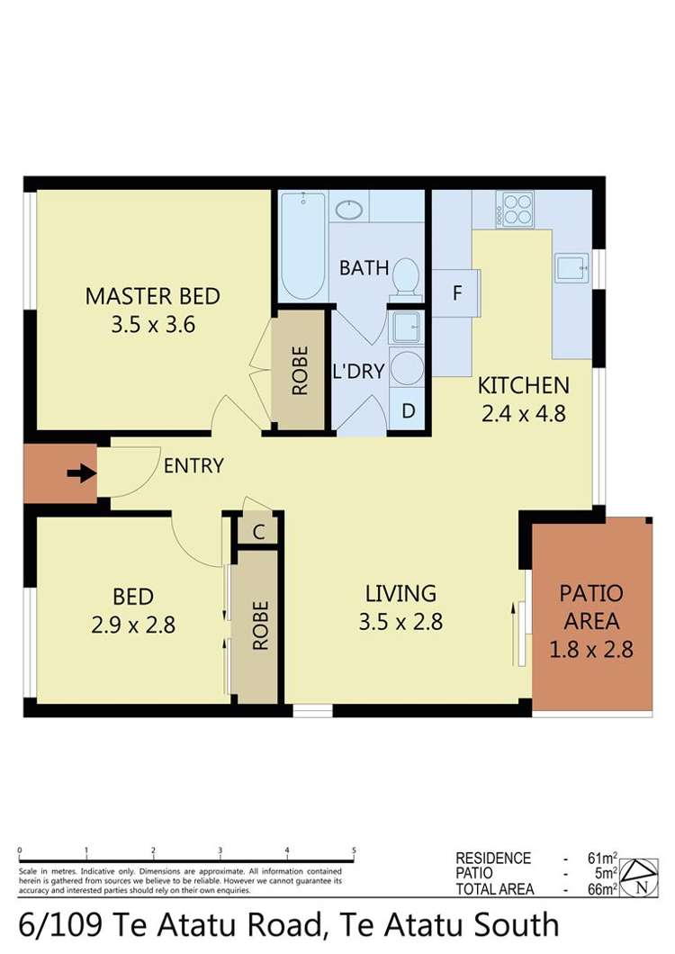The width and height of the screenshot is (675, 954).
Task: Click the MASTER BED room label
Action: pos(152,296)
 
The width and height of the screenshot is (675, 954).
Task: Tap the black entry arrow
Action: pos(82,473)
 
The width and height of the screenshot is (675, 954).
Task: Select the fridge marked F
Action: pos(456,293)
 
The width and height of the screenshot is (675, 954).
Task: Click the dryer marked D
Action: pos(408,411)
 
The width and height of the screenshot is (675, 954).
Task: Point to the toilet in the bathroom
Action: pos(406,277)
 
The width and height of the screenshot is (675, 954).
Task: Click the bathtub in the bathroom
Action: pos(301,245)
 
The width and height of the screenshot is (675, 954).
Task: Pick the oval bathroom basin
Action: pos(348,210)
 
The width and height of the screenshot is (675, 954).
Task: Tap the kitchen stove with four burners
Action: pos(515,210)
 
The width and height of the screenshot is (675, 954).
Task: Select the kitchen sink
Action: pos(571,267)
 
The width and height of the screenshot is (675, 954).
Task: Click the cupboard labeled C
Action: pos(258,531)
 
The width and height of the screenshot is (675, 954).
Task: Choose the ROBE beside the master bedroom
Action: pos(300,370)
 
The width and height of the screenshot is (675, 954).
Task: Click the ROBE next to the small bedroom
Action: pos(259,625)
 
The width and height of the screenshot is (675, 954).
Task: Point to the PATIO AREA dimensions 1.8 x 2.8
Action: pos(591,648)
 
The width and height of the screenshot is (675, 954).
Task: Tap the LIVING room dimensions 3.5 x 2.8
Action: pos(400,621)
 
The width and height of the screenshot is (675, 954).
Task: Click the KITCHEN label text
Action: pos(523,386)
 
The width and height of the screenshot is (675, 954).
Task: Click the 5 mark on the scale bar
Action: pos(354,850)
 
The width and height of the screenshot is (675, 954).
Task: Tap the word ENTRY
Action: pos(193,465)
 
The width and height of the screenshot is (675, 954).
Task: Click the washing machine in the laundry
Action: pos(407,369)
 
